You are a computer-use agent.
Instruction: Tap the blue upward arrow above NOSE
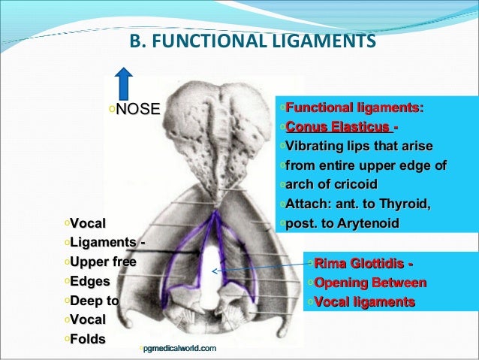[125, 82]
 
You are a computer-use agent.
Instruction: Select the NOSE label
[138, 110]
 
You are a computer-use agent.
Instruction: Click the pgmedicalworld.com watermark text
[179, 348]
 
